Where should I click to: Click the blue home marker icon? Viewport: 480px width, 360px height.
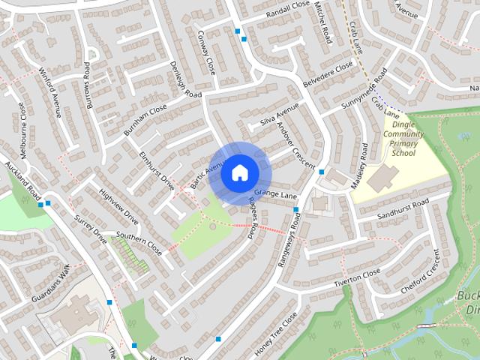(239, 172)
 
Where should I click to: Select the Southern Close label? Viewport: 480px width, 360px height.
(139, 243)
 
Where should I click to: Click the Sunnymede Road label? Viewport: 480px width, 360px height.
(362, 95)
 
